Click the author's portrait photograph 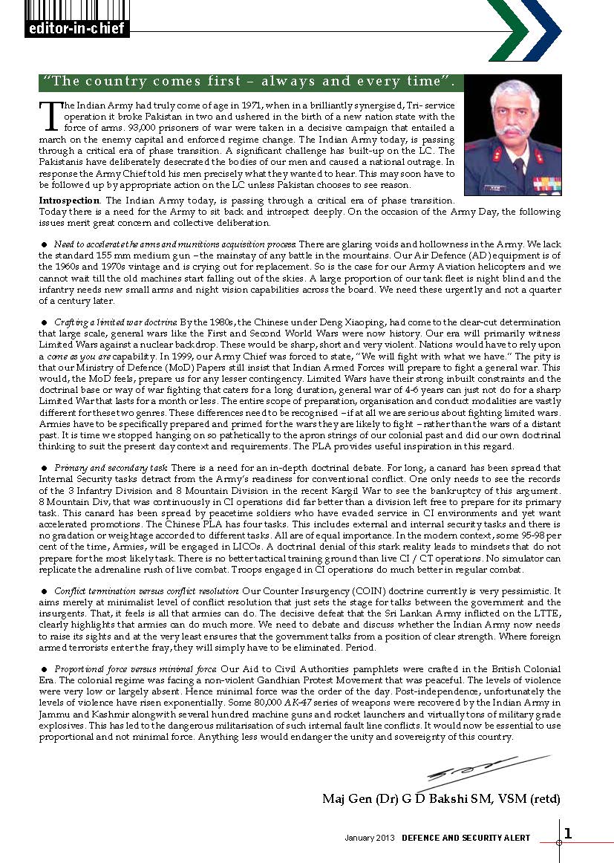click(512, 134)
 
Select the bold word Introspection click(69, 201)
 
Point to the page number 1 click(568, 833)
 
